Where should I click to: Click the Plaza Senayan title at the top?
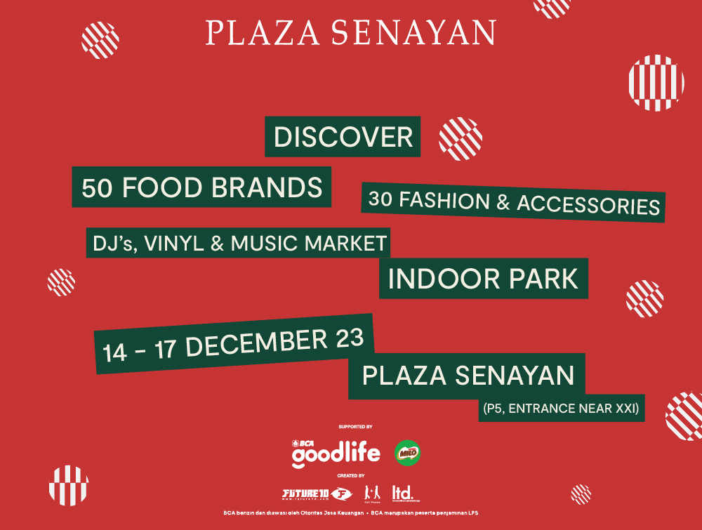coord(351,34)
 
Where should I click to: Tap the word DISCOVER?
coord(343,137)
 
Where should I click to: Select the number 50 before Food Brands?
coord(95,188)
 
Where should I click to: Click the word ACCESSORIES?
coord(588,204)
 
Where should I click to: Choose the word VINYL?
coord(173,244)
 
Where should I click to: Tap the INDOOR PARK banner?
coord(483,279)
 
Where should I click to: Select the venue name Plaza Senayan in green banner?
coord(468,376)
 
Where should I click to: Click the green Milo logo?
coord(408,453)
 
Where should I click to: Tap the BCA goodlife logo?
coord(336,453)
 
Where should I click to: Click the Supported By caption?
coord(355,427)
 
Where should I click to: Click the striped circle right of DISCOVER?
coord(461,138)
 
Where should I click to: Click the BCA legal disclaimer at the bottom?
coord(351,513)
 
